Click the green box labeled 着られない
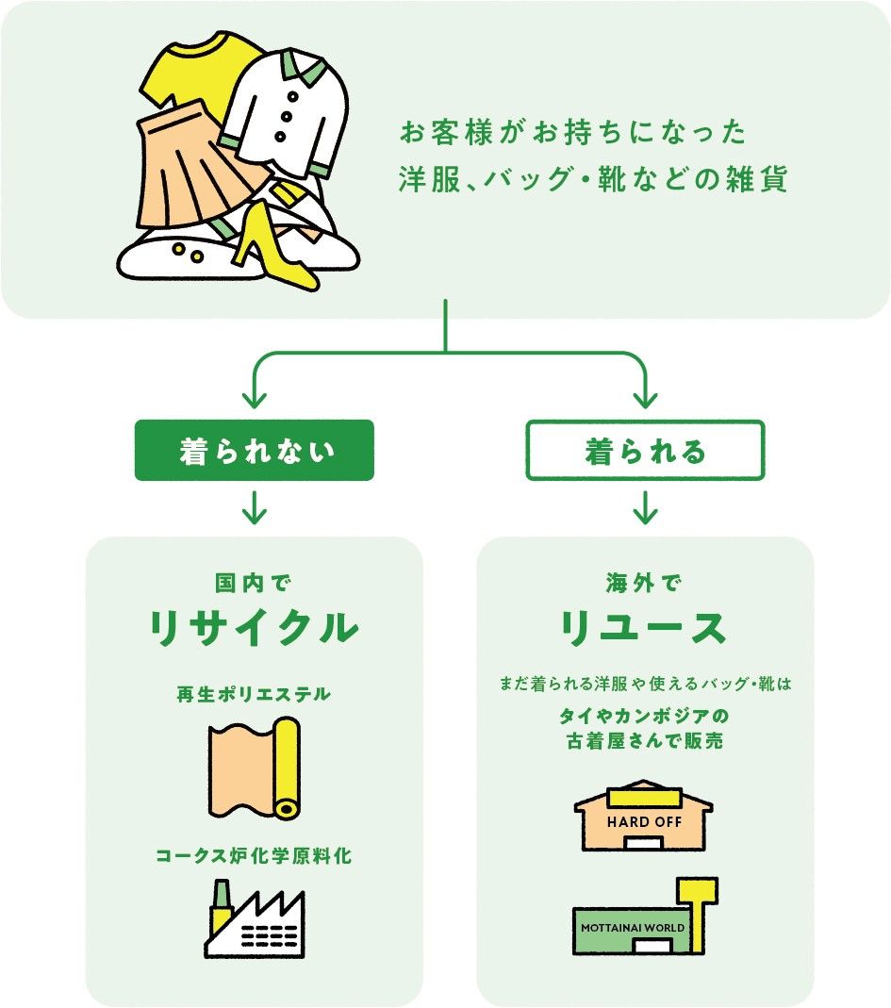pos(255,451)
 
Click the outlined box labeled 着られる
pos(645,451)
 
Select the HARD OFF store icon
pos(643,817)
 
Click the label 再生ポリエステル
pos(255,694)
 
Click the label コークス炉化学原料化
pos(255,857)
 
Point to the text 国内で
pos(255,582)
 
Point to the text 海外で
pos(645,582)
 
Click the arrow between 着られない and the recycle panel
pos(255,510)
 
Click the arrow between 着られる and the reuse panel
pos(645,510)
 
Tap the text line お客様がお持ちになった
pos(573,132)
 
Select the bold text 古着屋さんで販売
pos(645,741)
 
